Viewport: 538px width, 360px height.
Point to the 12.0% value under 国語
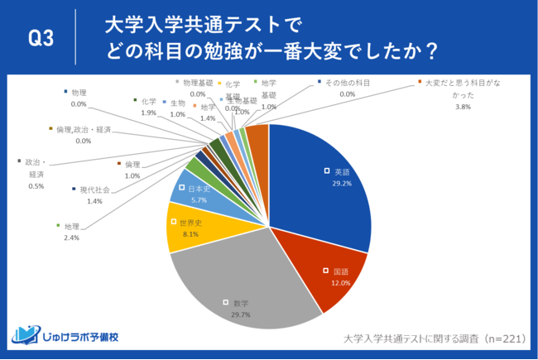tap(341, 282)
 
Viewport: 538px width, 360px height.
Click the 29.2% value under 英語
tap(342, 183)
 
